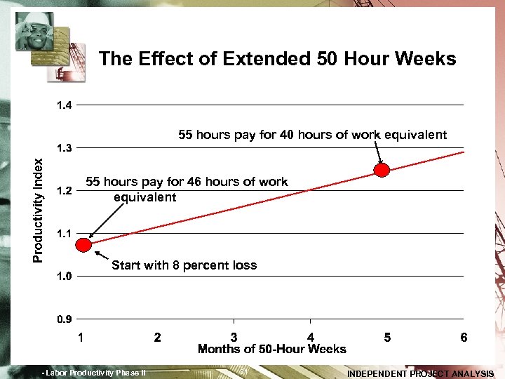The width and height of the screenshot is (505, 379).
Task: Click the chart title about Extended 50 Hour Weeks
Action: coord(278,59)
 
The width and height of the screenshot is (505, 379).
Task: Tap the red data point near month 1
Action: coord(84,245)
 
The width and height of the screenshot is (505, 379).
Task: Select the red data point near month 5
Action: coord(382,170)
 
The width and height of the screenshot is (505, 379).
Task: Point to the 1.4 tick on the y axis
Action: coord(64,105)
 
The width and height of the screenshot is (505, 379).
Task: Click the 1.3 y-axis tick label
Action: coord(64,148)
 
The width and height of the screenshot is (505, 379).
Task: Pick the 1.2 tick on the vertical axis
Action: coord(64,191)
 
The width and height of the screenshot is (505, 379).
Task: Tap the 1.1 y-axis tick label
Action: coord(64,234)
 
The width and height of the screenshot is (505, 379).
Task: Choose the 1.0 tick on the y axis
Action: coord(64,277)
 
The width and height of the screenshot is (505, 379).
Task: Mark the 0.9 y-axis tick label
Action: coord(64,319)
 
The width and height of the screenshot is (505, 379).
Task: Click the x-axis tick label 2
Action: coord(158,338)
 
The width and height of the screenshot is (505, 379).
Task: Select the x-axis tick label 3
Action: coord(234,338)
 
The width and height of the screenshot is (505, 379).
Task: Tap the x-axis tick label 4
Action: coord(311,338)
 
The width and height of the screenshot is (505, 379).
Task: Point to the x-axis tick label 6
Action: coord(464,338)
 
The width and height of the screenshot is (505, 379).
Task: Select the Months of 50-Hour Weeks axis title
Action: coord(272,350)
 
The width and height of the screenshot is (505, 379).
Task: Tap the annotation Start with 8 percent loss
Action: coord(184,265)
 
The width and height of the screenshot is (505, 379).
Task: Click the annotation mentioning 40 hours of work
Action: coord(312,135)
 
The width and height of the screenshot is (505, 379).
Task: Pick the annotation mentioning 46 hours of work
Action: coord(186,189)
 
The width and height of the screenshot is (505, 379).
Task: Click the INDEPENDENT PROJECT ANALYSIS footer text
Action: coord(421,373)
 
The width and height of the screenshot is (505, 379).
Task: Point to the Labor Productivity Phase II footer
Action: coord(94,373)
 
